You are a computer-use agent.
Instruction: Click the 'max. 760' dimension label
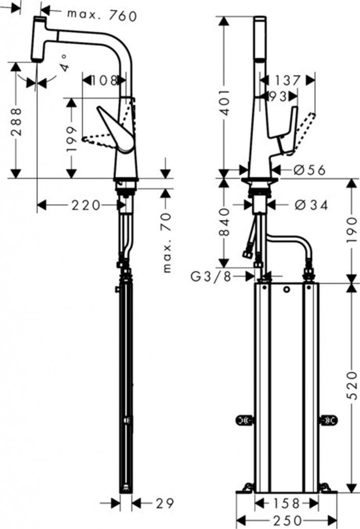pos(102,15)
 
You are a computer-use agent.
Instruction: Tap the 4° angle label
pos(65,64)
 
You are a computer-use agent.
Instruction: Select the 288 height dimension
pos(16,121)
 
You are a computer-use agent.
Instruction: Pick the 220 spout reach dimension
pos(86,205)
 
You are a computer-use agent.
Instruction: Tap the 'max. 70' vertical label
pos(167,242)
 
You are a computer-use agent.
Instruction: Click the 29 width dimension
pos(165,503)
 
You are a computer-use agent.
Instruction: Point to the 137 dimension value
pos(287,81)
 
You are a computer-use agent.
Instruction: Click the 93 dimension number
pos(278,97)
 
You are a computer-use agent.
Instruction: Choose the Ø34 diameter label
pos(311,205)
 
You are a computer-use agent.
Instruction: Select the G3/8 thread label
pos(211,277)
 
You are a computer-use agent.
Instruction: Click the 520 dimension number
pos(352,385)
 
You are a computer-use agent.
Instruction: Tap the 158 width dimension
pos(286,503)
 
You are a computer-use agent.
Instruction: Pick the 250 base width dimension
pos(287,520)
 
